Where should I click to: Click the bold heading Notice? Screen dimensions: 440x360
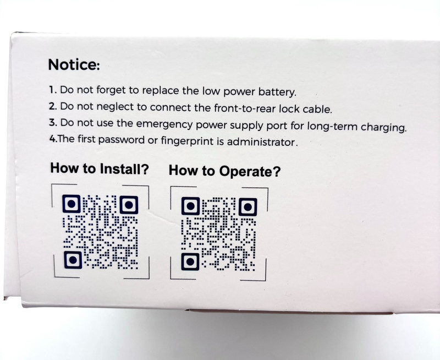pyautogui.click(x=74, y=64)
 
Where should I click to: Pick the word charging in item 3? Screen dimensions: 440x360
pyautogui.click(x=383, y=127)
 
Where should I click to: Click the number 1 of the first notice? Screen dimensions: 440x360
pyautogui.click(x=52, y=90)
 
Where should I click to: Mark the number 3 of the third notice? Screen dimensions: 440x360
pyautogui.click(x=52, y=123)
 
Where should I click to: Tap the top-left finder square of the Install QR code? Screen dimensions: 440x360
pyautogui.click(x=71, y=204)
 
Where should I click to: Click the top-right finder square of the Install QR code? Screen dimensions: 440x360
pyautogui.click(x=129, y=205)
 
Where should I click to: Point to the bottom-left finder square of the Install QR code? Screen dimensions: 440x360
pyautogui.click(x=73, y=260)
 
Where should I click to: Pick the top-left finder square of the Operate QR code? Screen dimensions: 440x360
pyautogui.click(x=190, y=206)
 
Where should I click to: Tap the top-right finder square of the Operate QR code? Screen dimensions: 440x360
pyautogui.click(x=248, y=207)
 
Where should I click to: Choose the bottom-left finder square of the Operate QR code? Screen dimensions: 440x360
pyautogui.click(x=190, y=261)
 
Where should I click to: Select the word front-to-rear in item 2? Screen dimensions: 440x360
pyautogui.click(x=245, y=108)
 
